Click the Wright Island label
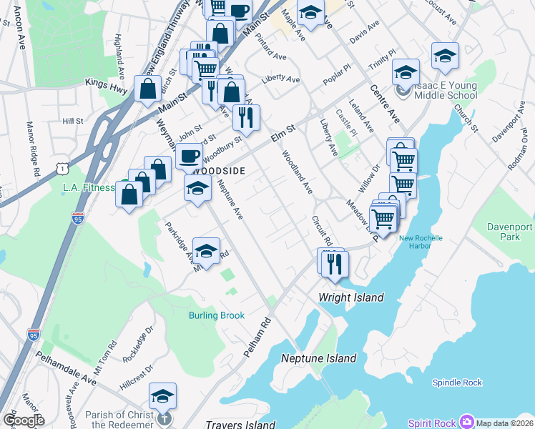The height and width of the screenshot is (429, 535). pos(351,297)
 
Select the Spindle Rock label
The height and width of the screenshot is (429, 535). pos(457,383)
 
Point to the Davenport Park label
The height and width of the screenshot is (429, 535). pos(510,232)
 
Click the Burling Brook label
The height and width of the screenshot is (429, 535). pos(217,315)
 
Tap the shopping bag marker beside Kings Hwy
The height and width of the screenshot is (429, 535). pos(148,89)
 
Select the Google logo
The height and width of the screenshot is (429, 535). pos(24,420)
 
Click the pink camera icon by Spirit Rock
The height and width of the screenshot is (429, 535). pos(467,422)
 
